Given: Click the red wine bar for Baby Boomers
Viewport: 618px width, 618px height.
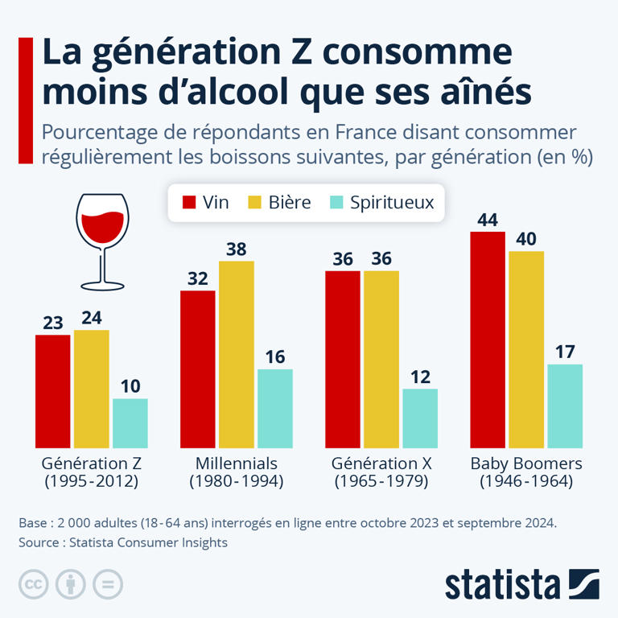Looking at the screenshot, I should pos(488,339).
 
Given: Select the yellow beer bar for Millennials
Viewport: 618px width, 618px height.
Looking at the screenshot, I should pos(237,354).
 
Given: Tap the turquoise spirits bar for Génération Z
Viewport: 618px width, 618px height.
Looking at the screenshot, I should pos(130,422).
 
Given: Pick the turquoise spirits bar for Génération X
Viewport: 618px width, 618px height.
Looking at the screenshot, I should pos(420,418).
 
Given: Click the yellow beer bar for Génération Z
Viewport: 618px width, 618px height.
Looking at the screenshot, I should pos(92,389).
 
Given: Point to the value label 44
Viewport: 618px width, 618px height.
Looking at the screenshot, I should pos(488,220).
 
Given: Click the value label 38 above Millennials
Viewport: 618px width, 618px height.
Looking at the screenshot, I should pos(237,249).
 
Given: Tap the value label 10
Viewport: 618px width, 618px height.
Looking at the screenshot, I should pos(130,386).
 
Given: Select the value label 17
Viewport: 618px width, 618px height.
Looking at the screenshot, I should pos(565,352).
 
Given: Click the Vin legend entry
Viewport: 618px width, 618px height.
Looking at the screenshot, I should pos(206,203).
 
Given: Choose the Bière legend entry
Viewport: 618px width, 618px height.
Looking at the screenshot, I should pos(282,203).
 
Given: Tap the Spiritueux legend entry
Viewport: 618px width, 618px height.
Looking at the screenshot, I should pos(382,203).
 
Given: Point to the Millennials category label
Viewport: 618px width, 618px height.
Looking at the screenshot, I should pos(237,464).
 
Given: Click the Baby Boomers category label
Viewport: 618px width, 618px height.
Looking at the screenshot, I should pos(526,464).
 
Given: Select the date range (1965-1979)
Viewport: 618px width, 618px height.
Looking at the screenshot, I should pos(381,482).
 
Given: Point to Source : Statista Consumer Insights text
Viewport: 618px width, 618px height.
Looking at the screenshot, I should pos(123,542).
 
